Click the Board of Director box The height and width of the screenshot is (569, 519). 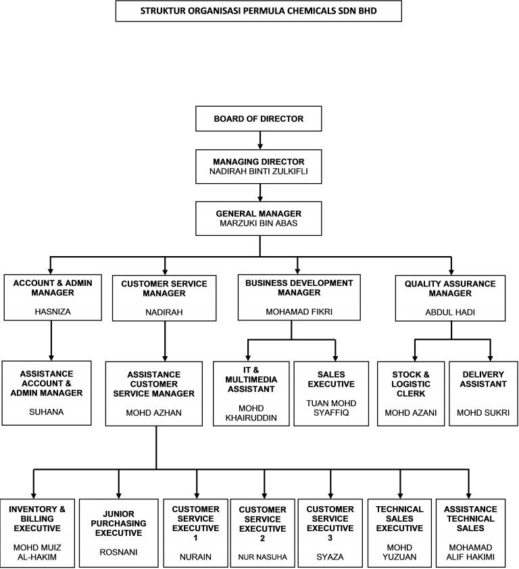(258, 119)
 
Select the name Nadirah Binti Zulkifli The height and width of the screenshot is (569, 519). (258, 171)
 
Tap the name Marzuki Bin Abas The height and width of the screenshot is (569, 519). (258, 223)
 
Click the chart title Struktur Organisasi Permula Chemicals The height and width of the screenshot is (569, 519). (258, 11)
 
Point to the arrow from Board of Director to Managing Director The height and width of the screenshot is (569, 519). (260, 141)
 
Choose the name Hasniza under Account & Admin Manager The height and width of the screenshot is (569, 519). (53, 312)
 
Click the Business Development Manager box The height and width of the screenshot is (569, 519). (299, 297)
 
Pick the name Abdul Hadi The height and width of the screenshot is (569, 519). (450, 312)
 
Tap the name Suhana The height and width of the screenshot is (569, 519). (47, 412)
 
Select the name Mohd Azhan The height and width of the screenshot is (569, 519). (154, 413)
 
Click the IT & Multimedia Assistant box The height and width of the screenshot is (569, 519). (251, 394)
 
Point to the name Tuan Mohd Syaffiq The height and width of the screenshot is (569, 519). (331, 408)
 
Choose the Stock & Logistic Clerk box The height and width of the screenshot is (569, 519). (411, 394)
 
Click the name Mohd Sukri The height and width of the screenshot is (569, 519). (483, 413)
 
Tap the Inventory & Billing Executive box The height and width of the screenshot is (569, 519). (37, 533)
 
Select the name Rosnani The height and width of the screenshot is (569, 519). (119, 552)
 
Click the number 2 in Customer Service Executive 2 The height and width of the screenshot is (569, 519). (263, 539)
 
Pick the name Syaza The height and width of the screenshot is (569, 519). (330, 557)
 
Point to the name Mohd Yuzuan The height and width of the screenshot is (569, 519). (399, 552)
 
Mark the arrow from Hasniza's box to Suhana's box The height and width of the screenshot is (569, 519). (51, 341)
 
